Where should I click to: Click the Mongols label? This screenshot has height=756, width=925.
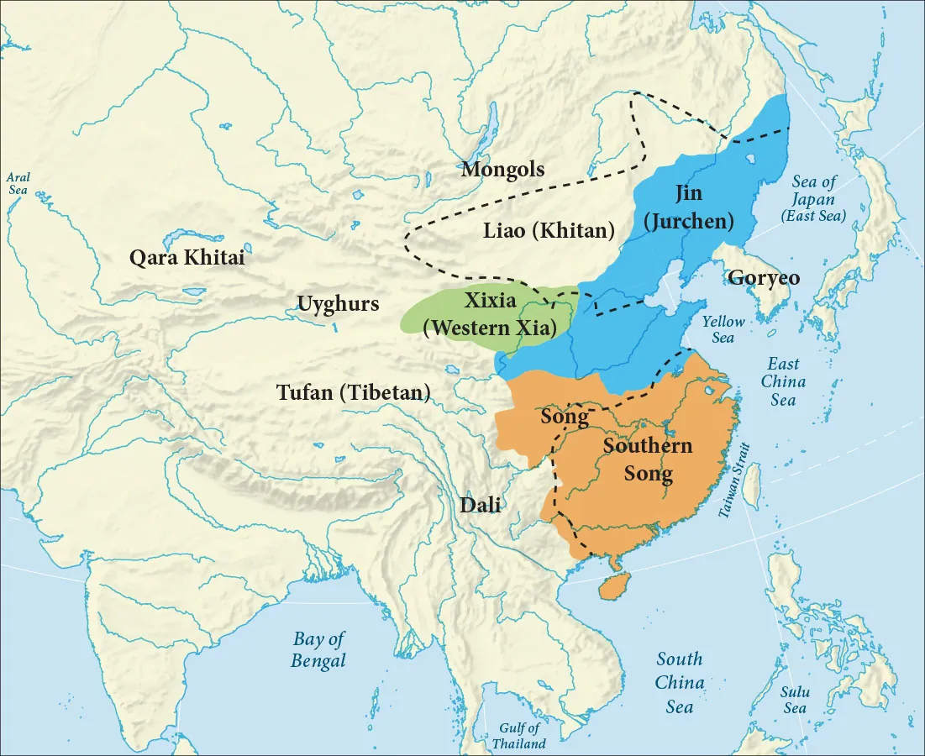click(x=502, y=169)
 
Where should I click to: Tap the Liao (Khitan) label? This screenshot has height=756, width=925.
click(x=549, y=230)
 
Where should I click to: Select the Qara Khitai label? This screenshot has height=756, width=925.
click(x=187, y=258)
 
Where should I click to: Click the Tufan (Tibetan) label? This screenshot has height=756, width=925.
click(x=354, y=392)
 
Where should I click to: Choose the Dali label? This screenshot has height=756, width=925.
click(x=480, y=505)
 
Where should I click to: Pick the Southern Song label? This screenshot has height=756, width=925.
click(x=648, y=459)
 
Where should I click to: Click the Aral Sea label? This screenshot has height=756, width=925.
click(x=18, y=183)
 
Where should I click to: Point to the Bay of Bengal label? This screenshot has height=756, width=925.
click(x=318, y=649)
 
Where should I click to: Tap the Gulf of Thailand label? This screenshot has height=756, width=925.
click(x=518, y=736)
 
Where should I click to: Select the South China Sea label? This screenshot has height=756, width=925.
click(x=680, y=682)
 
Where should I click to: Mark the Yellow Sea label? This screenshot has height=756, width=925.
click(x=723, y=328)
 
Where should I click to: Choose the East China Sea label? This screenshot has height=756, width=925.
click(x=783, y=381)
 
